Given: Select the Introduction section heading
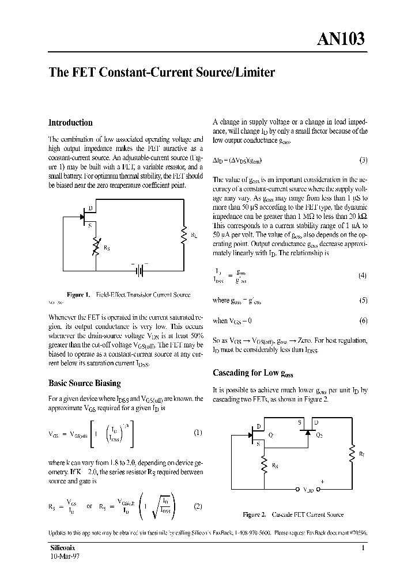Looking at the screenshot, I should pyautogui.click(x=70, y=123).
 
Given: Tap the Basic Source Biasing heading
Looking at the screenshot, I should pyautogui.click(x=84, y=383).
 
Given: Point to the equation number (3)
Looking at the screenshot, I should pyautogui.click(x=363, y=160).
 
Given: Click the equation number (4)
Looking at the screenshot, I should pyautogui.click(x=363, y=275).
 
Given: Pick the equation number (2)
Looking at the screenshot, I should pyautogui.click(x=198, y=506).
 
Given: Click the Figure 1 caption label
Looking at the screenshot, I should pyautogui.click(x=78, y=294).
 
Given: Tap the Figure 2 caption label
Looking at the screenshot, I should pyautogui.click(x=254, y=514).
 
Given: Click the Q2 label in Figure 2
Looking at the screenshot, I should pyautogui.click(x=319, y=436).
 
